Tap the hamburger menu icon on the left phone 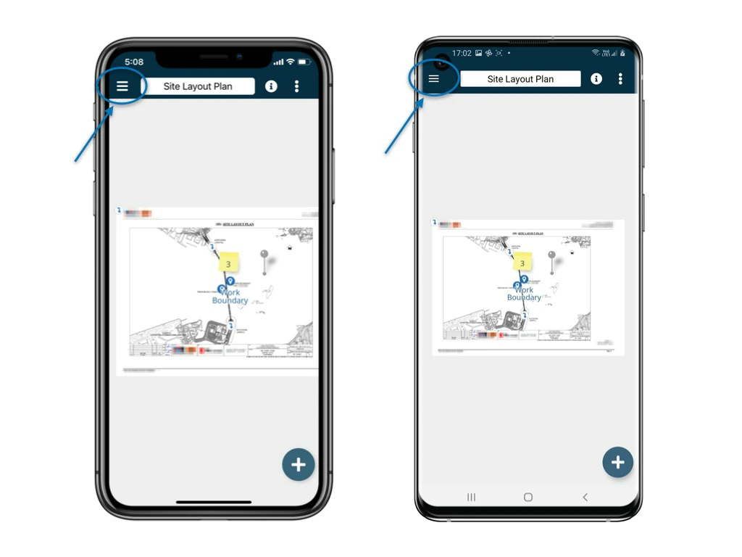(x=122, y=86)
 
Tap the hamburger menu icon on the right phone (x=434, y=79)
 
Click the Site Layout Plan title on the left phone (x=198, y=86)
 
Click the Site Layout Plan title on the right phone (x=520, y=79)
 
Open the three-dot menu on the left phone (x=296, y=86)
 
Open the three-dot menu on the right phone (x=620, y=79)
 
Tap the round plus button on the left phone (x=299, y=465)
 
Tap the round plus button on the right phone (x=618, y=462)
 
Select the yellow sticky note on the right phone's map (x=522, y=263)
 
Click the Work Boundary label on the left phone (x=230, y=297)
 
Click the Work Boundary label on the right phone (x=524, y=294)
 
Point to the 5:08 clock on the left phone (x=134, y=62)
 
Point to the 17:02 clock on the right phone (x=462, y=53)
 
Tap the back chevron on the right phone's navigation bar (x=585, y=497)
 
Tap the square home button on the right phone (x=528, y=497)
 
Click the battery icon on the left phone (x=304, y=62)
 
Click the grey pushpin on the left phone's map (x=264, y=256)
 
